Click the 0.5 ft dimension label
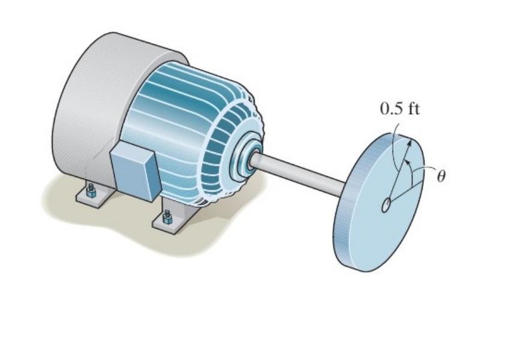[x=399, y=110]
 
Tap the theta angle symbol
[x=442, y=178]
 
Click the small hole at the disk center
[x=385, y=205]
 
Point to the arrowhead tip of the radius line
[x=411, y=142]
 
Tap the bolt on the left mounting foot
[x=91, y=192]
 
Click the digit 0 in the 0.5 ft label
[x=384, y=110]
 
